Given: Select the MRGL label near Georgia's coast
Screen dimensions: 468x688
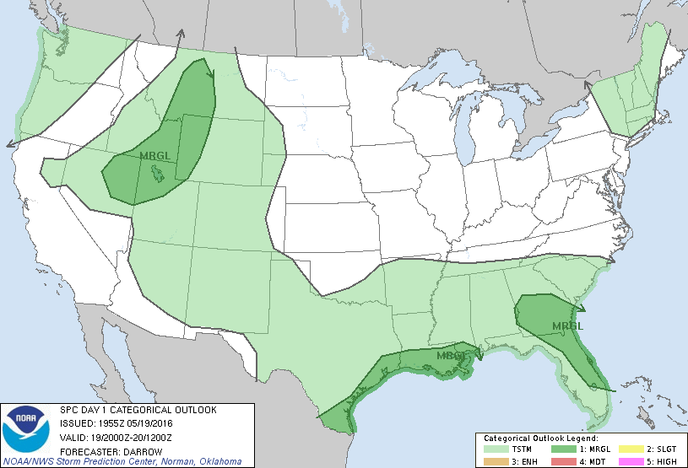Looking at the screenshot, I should [567, 325].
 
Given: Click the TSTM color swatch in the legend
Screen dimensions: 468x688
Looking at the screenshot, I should [496, 449].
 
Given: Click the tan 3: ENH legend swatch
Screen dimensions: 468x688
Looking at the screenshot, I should [496, 461].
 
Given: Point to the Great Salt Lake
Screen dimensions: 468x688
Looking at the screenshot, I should [155, 174].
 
